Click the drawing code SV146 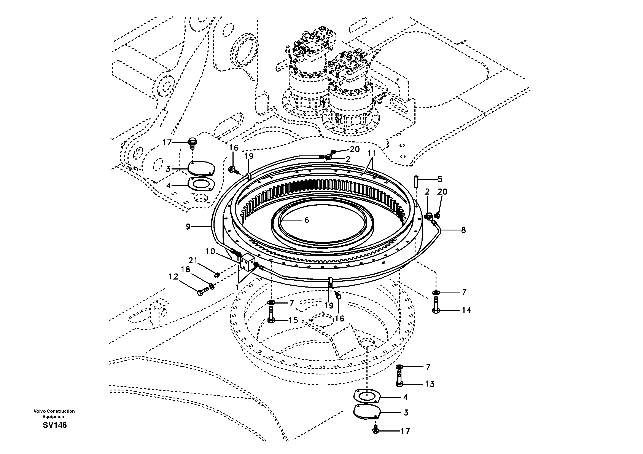(x=55, y=425)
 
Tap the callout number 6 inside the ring (x=307, y=220)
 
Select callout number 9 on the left (x=188, y=226)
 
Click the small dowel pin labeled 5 (x=416, y=182)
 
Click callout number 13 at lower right (x=430, y=384)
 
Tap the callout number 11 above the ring (x=372, y=153)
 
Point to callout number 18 (x=186, y=269)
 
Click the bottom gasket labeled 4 (x=366, y=397)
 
